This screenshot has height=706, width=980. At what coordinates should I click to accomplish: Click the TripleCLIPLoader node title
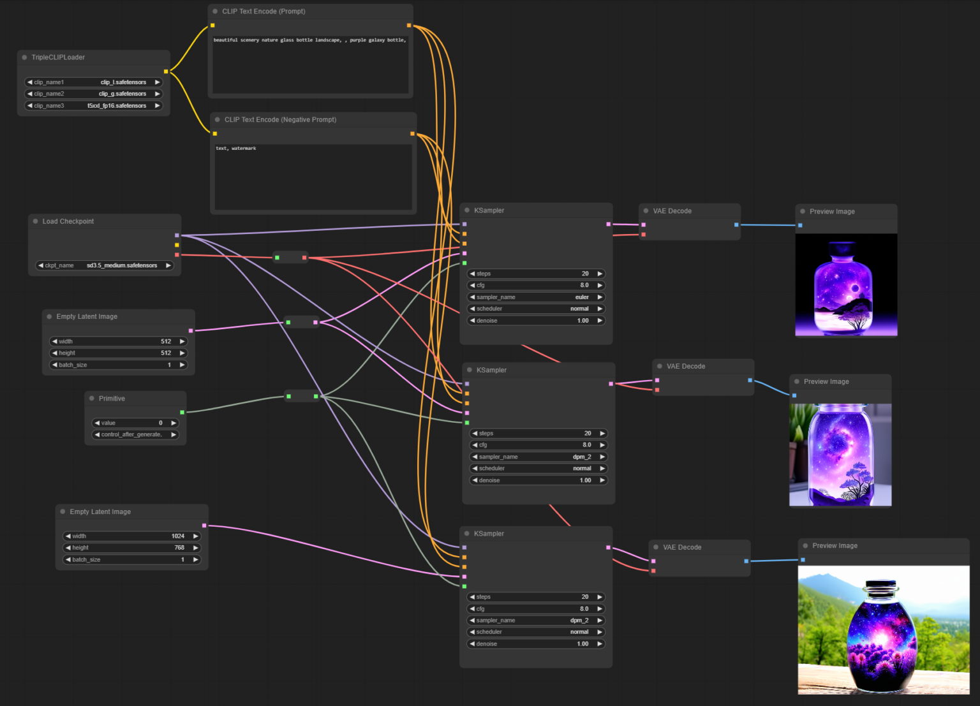(58, 57)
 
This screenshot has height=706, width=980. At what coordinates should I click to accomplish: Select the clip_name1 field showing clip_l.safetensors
(94, 82)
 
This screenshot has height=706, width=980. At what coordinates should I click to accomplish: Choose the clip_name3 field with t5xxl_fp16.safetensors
(94, 106)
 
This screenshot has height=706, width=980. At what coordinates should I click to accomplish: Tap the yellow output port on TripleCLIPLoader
(166, 71)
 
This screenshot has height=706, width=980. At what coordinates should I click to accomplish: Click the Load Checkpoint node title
(68, 221)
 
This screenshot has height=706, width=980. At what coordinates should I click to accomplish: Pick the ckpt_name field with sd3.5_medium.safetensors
(105, 265)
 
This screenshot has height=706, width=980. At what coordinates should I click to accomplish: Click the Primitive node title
(112, 399)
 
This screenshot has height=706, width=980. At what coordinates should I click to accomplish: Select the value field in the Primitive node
(135, 423)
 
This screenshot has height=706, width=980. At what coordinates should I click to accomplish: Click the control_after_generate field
(135, 435)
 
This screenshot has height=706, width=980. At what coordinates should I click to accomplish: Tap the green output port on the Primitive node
(182, 413)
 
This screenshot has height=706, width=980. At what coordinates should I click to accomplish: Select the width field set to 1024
(132, 536)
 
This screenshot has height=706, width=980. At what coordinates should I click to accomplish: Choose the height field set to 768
(132, 548)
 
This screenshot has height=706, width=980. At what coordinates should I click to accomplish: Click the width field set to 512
(119, 341)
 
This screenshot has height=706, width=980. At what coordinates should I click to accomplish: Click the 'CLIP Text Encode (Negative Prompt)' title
(280, 120)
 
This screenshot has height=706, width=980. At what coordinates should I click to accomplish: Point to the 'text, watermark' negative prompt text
(236, 149)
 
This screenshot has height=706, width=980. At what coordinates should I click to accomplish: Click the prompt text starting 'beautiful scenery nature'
(309, 40)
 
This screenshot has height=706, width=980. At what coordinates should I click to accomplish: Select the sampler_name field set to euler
(536, 297)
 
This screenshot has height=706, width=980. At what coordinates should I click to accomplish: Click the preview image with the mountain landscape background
(883, 629)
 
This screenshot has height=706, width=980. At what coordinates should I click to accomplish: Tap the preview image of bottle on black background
(846, 284)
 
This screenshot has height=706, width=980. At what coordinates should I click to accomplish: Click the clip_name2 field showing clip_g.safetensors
(94, 94)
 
